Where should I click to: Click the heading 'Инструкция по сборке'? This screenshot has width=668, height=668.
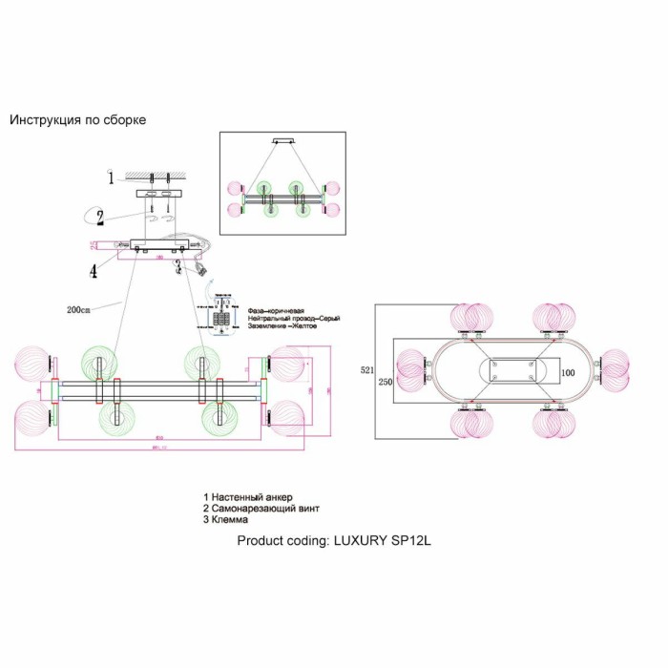(77, 120)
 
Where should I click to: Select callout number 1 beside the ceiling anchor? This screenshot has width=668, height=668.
(111, 177)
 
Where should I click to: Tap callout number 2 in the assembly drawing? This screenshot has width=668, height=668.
(99, 218)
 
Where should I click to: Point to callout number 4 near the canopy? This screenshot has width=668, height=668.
(94, 271)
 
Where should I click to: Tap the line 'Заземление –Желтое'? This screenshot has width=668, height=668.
(282, 326)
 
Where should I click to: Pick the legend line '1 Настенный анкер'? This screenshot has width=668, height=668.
(252, 497)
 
